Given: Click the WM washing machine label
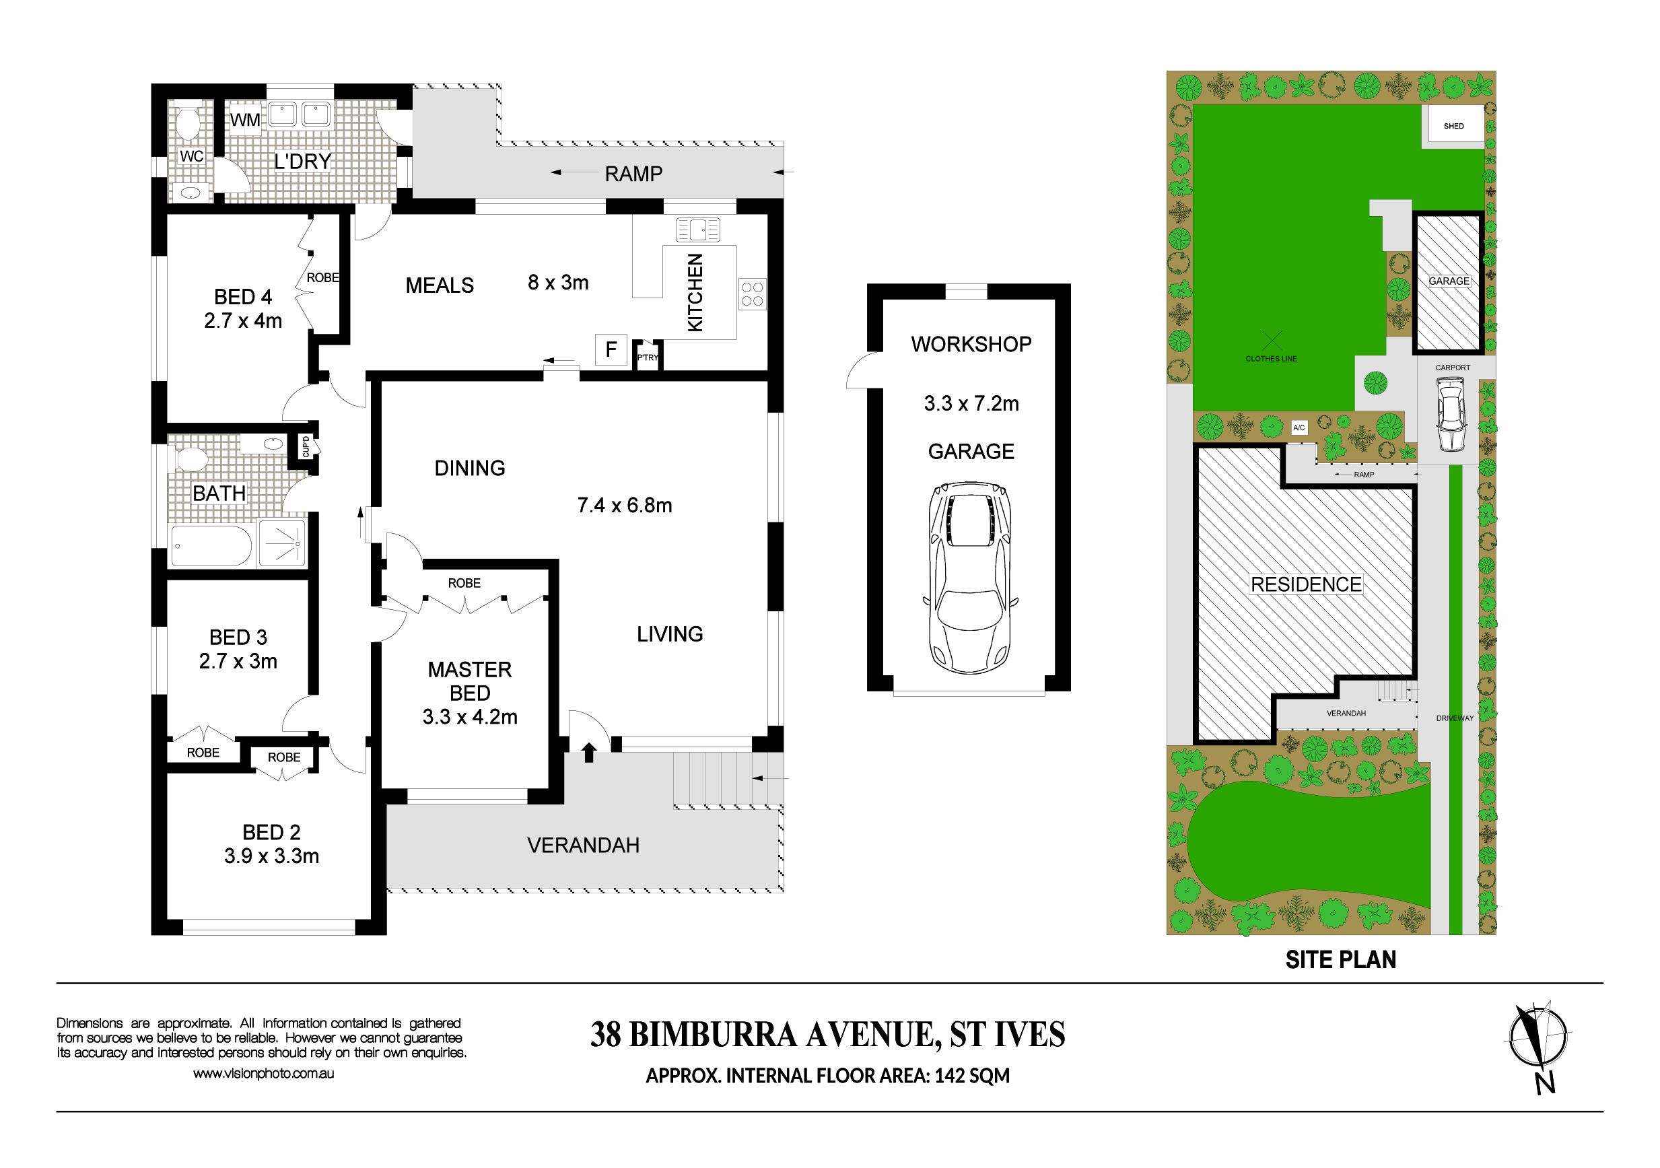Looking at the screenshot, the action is click(245, 120).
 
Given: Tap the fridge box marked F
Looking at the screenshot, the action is click(611, 350).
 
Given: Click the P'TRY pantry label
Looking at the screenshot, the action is click(648, 357).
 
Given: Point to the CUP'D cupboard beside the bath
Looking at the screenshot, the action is click(306, 447).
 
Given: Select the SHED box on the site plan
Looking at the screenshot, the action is click(1453, 127).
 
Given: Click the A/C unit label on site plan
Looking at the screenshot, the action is click(1299, 428).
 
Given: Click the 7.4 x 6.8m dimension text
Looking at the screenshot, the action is click(625, 505).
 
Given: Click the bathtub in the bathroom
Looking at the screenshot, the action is click(211, 546).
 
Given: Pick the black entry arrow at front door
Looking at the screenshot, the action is click(588, 752).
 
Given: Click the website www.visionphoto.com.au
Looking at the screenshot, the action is click(263, 1074).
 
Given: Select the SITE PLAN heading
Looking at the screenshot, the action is click(1340, 960).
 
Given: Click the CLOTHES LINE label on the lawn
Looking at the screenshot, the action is click(1271, 359).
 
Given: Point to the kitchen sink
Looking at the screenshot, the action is click(697, 230).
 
